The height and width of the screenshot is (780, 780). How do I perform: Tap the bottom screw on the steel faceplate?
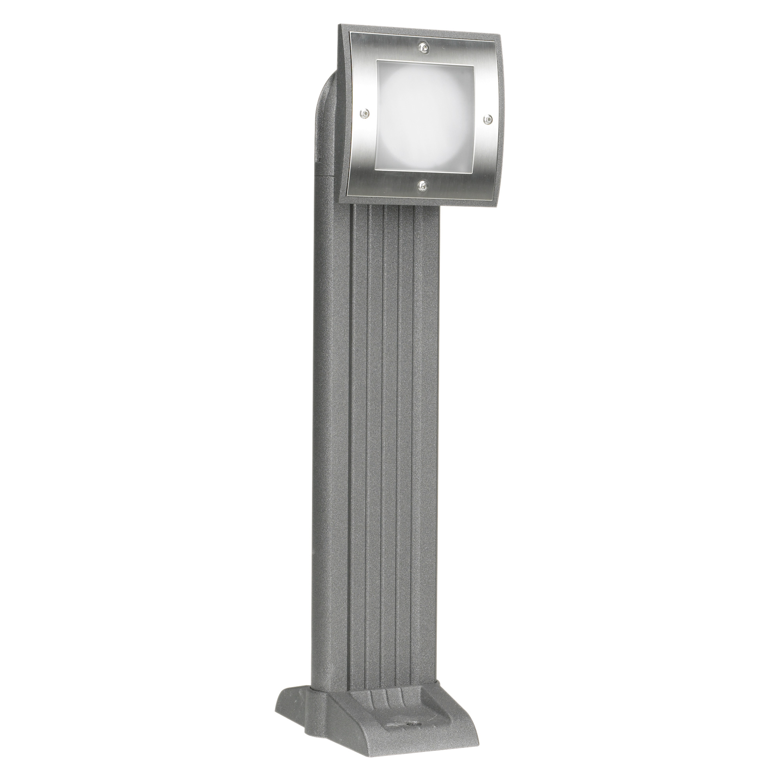[422, 185]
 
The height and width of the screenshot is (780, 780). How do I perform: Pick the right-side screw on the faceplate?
[488, 118]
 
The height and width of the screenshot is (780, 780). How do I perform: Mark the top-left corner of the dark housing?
[339, 27]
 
